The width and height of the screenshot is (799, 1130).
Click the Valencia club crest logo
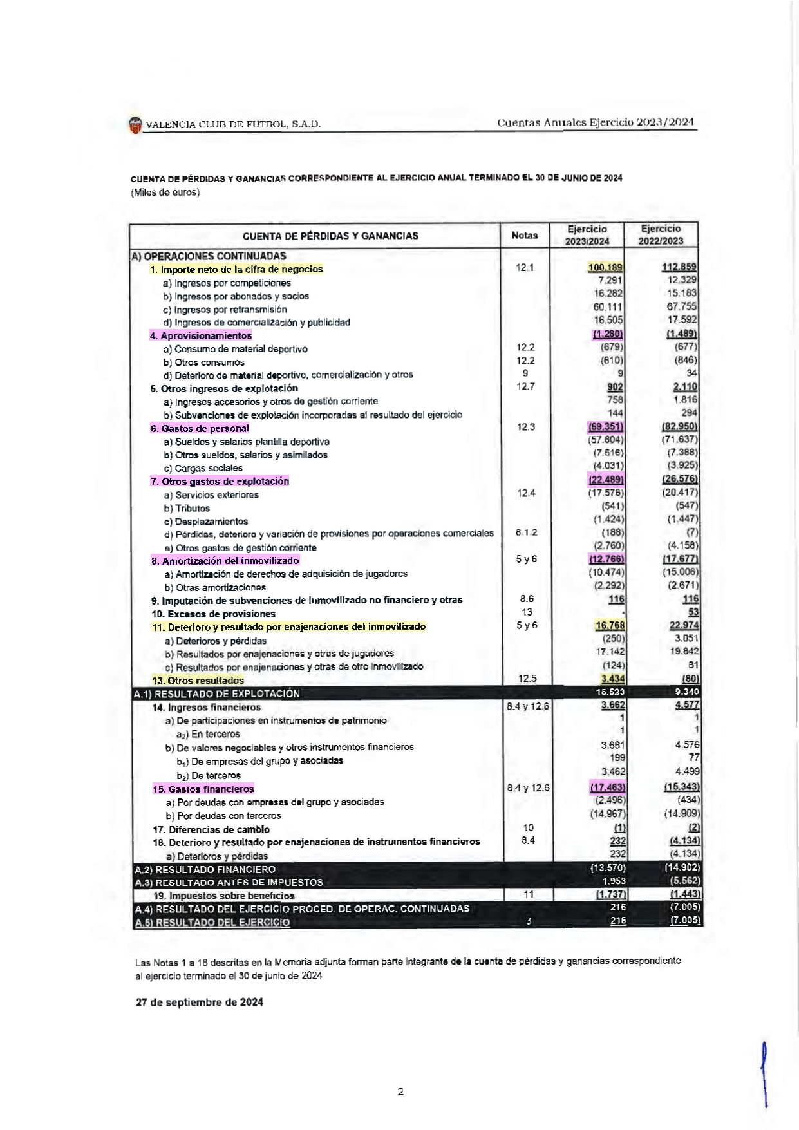click(x=135, y=125)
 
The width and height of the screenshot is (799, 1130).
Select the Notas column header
click(x=524, y=236)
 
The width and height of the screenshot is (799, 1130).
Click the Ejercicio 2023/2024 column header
click(x=587, y=235)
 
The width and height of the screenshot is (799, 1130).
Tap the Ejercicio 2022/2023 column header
click(x=661, y=235)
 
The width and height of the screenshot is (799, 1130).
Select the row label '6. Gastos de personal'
click(x=200, y=429)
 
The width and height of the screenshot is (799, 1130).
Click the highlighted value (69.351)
click(x=606, y=428)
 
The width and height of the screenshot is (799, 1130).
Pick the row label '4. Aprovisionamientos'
click(x=201, y=336)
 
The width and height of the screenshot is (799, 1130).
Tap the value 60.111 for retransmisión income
click(x=608, y=308)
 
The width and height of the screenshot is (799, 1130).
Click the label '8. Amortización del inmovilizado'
click(x=225, y=561)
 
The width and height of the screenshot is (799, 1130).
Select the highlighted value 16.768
click(x=610, y=626)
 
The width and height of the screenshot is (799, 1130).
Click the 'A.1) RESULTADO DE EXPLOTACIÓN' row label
click(x=216, y=694)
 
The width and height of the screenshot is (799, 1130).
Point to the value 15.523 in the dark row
click(x=610, y=693)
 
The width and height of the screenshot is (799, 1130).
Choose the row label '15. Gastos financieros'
click(x=203, y=789)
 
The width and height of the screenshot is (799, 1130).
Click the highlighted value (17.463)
click(x=608, y=787)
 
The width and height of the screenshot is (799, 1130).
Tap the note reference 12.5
click(x=527, y=679)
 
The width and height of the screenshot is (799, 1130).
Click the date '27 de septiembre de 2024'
click(x=199, y=1003)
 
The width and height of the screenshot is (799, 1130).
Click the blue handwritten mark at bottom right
click(x=764, y=1072)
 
